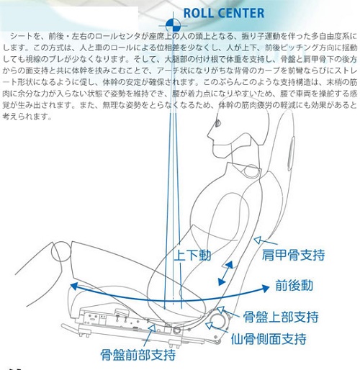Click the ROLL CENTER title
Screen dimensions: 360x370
224,13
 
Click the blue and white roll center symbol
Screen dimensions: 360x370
173,25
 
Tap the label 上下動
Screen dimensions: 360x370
192,255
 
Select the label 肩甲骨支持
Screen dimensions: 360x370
293,255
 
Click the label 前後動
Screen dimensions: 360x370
294,285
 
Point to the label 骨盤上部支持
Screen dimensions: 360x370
281,317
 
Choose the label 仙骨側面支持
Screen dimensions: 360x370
269,339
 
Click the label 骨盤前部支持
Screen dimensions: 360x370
138,355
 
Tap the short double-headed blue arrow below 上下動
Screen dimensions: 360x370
225,274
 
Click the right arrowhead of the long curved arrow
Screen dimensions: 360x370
265,288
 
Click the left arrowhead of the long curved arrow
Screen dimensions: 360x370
74,286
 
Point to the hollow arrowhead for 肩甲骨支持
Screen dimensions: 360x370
258,240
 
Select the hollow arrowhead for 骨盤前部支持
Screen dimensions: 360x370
152,328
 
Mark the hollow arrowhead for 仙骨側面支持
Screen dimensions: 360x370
209,325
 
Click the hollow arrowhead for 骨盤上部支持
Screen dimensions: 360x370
220,310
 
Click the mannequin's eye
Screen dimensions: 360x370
218,123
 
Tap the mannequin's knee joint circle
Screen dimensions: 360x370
61,251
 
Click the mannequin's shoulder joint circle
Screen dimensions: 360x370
251,171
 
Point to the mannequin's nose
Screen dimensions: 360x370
209,135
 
